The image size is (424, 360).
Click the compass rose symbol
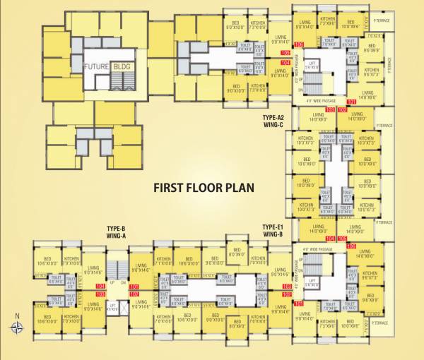(16, 326)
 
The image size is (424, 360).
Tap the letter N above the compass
(16, 315)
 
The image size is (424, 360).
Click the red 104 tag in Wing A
(100, 287)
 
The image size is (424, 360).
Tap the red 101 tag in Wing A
(133, 287)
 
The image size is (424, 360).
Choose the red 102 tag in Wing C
(341, 111)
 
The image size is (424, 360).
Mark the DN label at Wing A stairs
(122, 282)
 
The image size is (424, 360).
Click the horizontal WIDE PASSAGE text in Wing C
(319, 101)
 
